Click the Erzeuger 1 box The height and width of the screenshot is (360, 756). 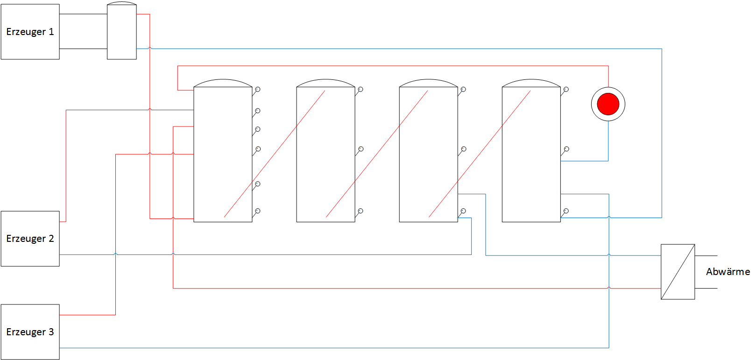pyautogui.click(x=30, y=32)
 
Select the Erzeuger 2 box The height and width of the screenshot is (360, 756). pyautogui.click(x=30, y=239)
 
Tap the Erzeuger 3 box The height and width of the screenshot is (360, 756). pyautogui.click(x=30, y=332)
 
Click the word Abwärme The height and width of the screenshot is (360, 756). pyautogui.click(x=728, y=272)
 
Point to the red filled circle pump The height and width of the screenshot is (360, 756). pyautogui.click(x=608, y=104)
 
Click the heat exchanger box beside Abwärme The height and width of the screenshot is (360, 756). pyautogui.click(x=678, y=272)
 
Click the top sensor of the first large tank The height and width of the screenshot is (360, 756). pyautogui.click(x=257, y=89)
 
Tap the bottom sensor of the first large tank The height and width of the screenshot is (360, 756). pyautogui.click(x=257, y=211)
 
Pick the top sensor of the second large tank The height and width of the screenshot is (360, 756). pyautogui.click(x=360, y=89)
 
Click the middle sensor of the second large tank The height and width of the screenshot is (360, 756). pyautogui.click(x=360, y=149)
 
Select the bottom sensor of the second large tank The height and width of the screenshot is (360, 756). pyautogui.click(x=360, y=211)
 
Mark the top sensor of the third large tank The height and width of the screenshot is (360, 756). pyautogui.click(x=463, y=89)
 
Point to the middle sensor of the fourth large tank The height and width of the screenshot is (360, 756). pyautogui.click(x=566, y=149)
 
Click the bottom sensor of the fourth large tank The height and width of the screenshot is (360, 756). pyautogui.click(x=566, y=211)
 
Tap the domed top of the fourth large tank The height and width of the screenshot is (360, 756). pyautogui.click(x=531, y=83)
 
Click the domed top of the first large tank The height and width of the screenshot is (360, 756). pyautogui.click(x=223, y=83)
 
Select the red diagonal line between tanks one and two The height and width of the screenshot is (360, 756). pyautogui.click(x=275, y=154)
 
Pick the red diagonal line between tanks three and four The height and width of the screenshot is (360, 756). pyautogui.click(x=480, y=154)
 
